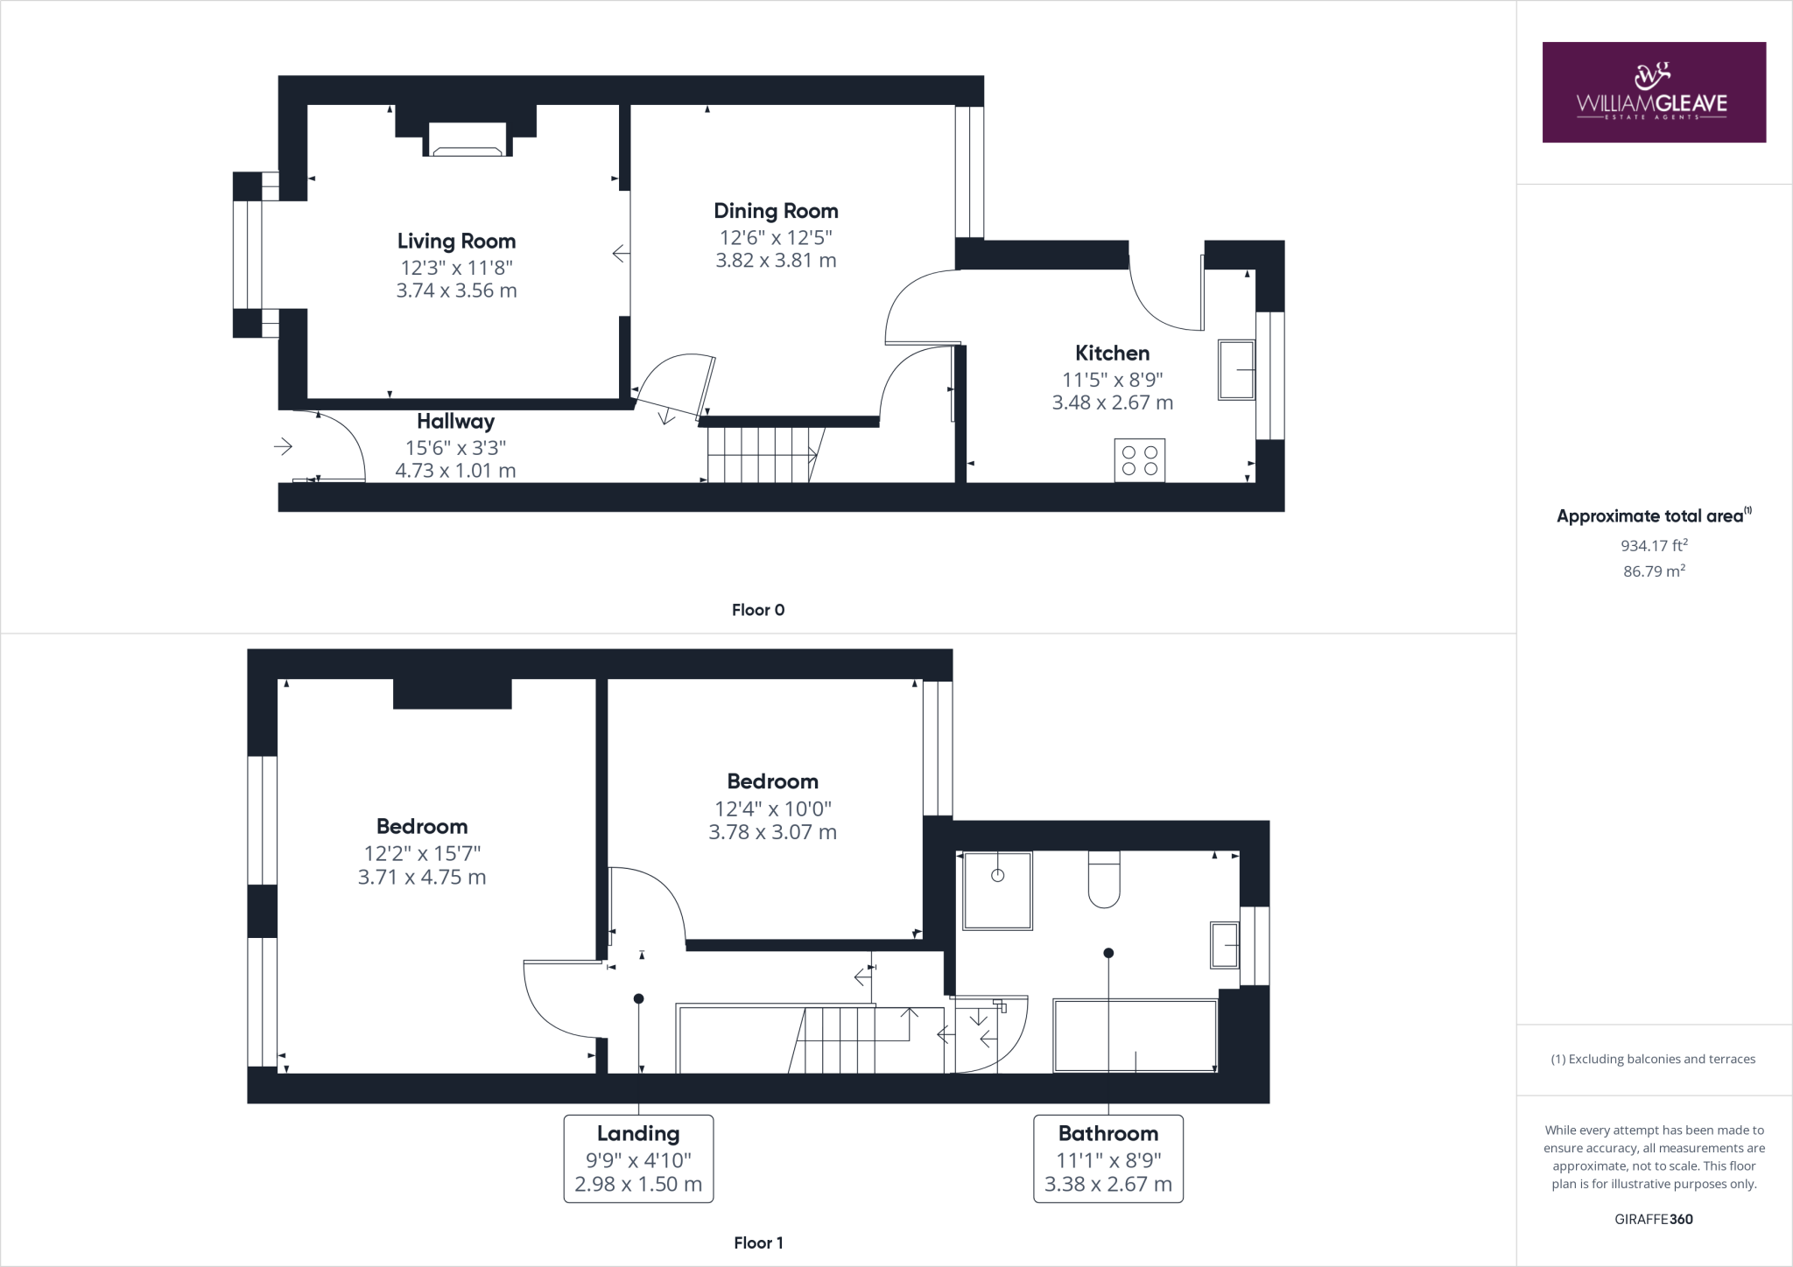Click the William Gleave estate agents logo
(1653, 92)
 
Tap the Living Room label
(456, 241)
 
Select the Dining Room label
(776, 211)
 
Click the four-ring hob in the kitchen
(1140, 460)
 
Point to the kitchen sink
(1236, 370)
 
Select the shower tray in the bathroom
(997, 890)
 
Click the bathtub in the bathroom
(1136, 1036)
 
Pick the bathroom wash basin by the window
(1225, 945)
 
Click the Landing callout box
(638, 1158)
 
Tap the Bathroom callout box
(1107, 1158)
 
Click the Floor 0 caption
(758, 610)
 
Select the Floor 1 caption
(758, 1242)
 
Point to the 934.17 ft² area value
(1654, 545)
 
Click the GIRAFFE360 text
(1654, 1219)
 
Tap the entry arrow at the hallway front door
(283, 447)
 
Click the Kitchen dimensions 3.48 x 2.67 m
(1112, 402)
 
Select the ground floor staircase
(762, 454)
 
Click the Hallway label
(455, 422)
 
